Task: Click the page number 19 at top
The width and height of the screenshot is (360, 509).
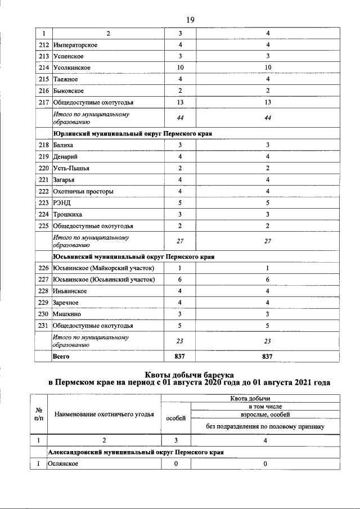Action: tap(190, 20)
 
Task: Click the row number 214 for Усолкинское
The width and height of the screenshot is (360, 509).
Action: tap(43, 67)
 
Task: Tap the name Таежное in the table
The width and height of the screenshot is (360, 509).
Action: tap(65, 79)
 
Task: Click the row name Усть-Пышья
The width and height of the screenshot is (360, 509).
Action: tap(71, 168)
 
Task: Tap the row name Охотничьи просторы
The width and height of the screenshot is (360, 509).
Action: tap(83, 191)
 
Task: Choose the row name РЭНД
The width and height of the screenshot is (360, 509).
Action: tap(62, 202)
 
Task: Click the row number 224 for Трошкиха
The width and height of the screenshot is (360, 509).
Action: tap(43, 214)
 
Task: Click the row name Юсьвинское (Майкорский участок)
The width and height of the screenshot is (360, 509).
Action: tap(103, 268)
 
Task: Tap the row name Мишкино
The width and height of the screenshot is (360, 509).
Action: tap(65, 314)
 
